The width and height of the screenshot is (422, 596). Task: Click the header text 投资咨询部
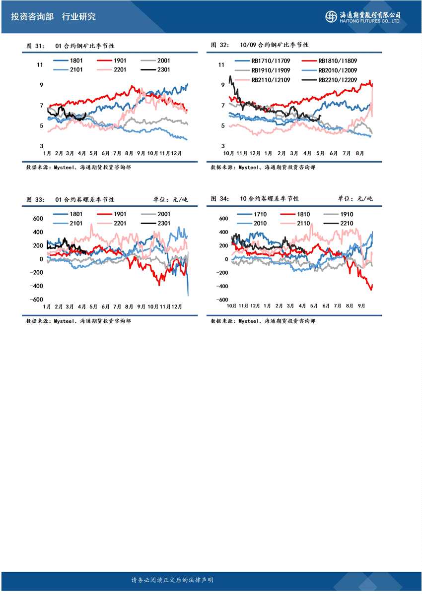pos(32,16)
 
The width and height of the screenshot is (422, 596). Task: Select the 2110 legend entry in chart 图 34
pos(303,223)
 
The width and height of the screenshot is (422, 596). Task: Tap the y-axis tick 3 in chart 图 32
pos(224,146)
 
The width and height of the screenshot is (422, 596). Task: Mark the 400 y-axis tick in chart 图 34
pos(223,232)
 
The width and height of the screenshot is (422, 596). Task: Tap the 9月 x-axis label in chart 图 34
pos(361,306)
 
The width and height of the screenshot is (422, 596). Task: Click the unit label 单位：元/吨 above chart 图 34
pos(355,199)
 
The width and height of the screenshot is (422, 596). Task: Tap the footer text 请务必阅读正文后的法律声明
pos(172,580)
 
